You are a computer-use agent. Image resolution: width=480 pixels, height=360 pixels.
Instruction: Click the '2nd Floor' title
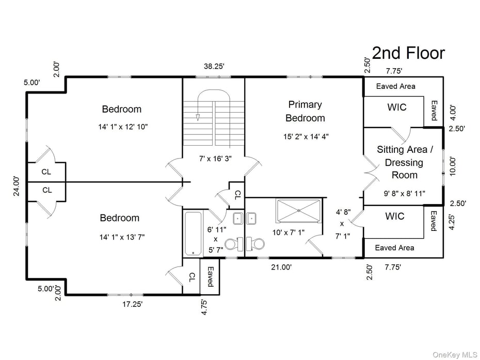408,53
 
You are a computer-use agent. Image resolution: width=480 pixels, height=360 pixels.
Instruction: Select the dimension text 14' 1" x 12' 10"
121,127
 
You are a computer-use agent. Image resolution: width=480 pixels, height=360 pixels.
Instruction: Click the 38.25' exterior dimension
213,66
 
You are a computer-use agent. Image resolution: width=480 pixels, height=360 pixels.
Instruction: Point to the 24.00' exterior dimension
17,186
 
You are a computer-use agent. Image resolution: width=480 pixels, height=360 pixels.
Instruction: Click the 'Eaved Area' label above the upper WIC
395,86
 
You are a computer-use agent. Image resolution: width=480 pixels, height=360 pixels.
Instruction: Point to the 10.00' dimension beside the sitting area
453,167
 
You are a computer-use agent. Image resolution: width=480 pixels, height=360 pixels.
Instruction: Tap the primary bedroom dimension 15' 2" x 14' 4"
306,137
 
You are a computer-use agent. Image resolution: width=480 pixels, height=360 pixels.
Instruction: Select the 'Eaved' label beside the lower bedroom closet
211,276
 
